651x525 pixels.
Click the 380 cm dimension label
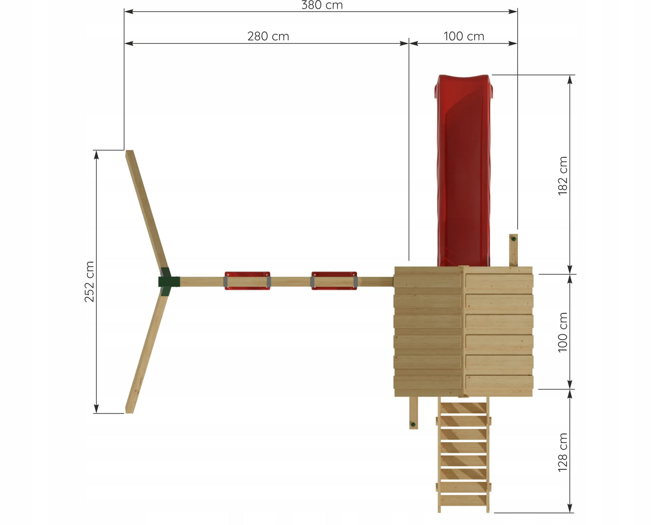point(322,5)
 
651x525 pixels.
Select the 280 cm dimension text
point(269,37)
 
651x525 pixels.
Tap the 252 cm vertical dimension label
point(89,282)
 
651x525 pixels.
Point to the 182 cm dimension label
point(563,176)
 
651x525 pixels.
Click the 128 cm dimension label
point(563,452)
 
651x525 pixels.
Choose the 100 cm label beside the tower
point(563,332)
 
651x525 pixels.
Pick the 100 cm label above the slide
point(464,37)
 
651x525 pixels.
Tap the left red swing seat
point(247,281)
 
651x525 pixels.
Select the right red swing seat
point(334,281)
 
